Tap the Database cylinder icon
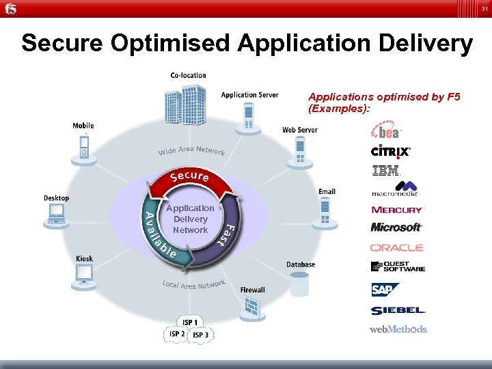click(x=299, y=283)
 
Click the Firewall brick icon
click(x=252, y=306)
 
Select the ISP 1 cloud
click(x=190, y=322)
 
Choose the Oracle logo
click(x=397, y=247)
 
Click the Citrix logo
click(x=390, y=152)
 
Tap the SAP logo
click(x=383, y=290)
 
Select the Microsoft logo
click(x=396, y=227)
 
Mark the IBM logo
click(x=385, y=171)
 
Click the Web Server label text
click(x=299, y=130)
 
